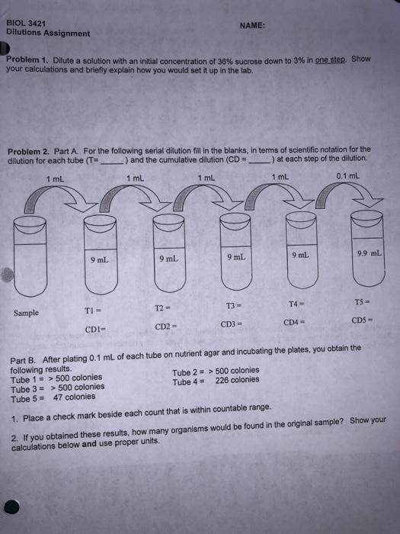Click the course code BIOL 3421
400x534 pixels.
pos(27,24)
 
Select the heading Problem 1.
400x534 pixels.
pos(27,60)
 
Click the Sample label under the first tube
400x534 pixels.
pos(27,312)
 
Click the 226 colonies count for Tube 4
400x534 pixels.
pos(237,380)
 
